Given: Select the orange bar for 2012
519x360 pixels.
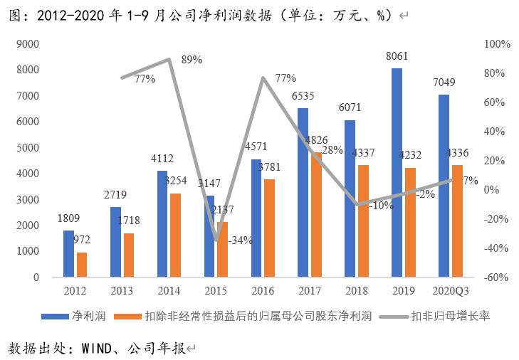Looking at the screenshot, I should [x=81, y=264].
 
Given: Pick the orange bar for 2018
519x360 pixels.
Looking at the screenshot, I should [x=362, y=221].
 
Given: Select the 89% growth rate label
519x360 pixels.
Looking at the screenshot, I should [x=191, y=60].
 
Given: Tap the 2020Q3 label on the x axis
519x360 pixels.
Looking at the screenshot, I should [x=450, y=290].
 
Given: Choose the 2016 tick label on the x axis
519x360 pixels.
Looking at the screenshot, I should [x=263, y=290].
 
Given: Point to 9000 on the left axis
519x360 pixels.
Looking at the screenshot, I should [x=27, y=44].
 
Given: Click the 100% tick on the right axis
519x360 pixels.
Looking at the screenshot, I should [x=497, y=44].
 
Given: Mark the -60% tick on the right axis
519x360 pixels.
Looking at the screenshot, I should [x=497, y=277].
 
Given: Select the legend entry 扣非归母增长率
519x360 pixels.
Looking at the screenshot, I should [x=451, y=315].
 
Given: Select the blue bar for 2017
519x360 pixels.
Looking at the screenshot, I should [x=303, y=192].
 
